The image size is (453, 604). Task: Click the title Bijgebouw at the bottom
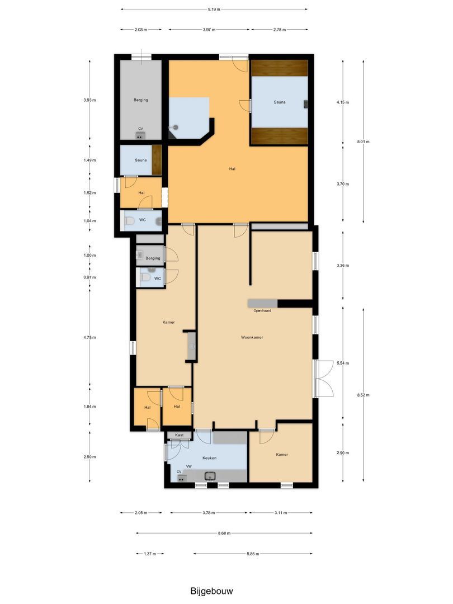211,591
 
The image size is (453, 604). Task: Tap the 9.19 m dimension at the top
214,10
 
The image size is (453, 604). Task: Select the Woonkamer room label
252,337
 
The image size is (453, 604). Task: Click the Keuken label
210,458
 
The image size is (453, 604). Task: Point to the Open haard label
262,310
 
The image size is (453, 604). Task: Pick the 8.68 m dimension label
224,533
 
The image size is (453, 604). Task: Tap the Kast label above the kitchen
179,435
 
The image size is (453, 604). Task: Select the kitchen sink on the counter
210,475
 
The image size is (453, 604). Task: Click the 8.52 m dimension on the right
364,395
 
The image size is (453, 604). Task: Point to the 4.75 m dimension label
89,337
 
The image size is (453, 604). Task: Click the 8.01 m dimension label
364,141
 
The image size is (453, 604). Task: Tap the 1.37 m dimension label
150,554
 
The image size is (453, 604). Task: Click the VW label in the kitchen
189,466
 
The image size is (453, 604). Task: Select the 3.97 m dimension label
209,30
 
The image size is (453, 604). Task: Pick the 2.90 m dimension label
343,453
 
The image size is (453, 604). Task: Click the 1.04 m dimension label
89,221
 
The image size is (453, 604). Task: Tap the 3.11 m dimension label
280,513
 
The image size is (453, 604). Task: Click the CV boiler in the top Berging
140,135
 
